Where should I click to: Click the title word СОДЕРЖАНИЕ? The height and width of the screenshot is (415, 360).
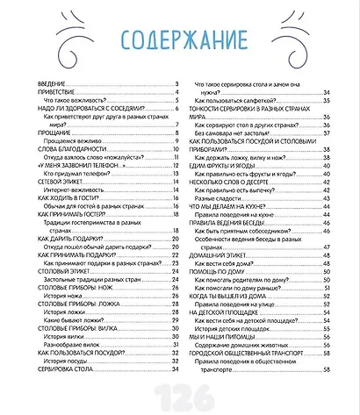[x=181, y=40]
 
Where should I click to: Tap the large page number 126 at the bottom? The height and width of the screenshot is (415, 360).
[x=180, y=392]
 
